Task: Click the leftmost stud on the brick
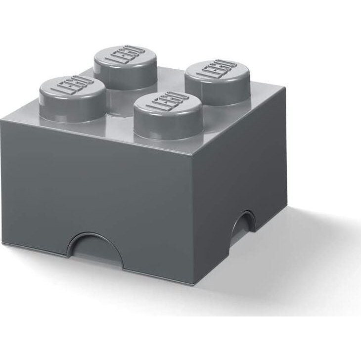pyautogui.click(x=72, y=99)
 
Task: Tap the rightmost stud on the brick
pyautogui.click(x=218, y=82)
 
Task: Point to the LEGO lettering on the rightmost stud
pyautogui.click(x=218, y=69)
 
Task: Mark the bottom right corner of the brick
pyautogui.click(x=286, y=208)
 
